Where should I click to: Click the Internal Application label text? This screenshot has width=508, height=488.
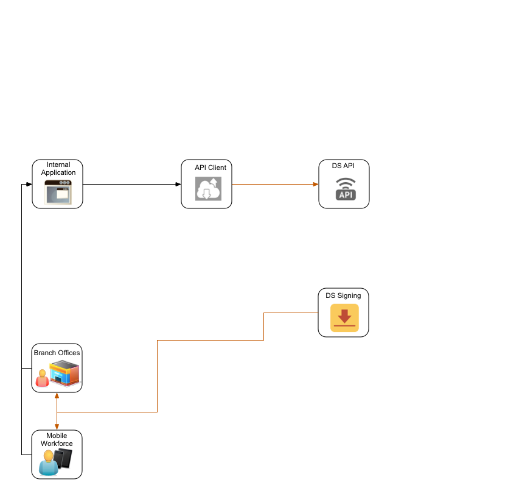click(58, 169)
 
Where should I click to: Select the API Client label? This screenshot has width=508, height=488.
click(211, 168)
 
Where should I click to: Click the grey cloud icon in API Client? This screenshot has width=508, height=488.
click(207, 189)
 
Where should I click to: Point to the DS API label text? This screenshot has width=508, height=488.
click(343, 166)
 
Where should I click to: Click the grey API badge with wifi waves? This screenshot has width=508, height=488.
click(346, 189)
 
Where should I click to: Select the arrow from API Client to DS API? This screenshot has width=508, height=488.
click(274, 184)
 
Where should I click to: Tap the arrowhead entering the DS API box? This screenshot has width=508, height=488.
click(316, 184)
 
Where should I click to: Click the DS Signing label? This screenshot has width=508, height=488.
click(343, 295)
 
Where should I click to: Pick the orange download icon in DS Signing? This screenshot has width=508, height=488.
click(344, 317)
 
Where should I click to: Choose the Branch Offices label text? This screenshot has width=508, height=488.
click(57, 353)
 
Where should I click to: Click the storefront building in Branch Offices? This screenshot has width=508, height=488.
click(64, 373)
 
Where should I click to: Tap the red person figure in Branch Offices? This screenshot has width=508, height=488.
click(42, 378)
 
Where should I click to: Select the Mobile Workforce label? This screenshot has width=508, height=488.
click(57, 440)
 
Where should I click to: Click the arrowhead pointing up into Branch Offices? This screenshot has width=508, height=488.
click(57, 395)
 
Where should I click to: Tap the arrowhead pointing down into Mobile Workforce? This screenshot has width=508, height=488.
click(57, 427)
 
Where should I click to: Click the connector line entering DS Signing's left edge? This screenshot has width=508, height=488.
click(292, 313)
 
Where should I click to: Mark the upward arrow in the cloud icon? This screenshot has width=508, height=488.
click(214, 183)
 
